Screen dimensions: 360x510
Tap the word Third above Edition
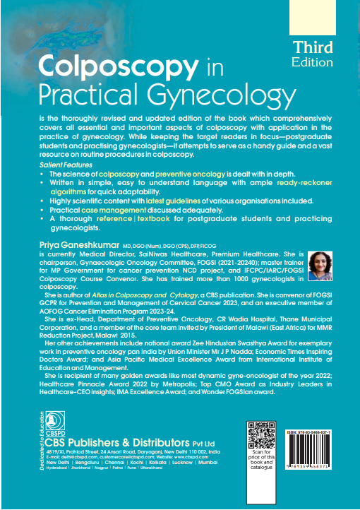coord(313,47)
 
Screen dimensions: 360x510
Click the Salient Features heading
coord(67,164)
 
